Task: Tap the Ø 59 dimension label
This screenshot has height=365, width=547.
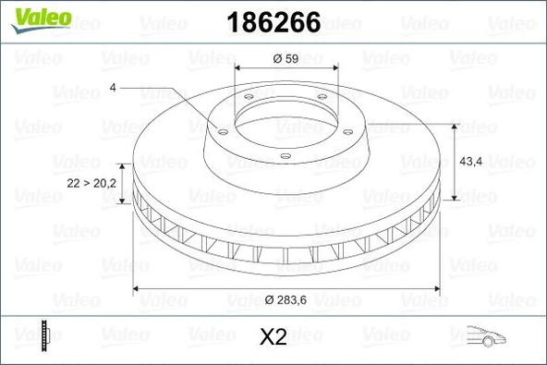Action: [284, 59]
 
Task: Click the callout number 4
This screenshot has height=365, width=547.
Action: [112, 89]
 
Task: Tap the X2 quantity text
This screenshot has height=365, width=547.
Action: [273, 338]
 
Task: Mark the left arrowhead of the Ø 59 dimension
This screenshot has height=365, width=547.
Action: [239, 68]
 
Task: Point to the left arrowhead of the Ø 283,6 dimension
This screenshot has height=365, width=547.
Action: [137, 290]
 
